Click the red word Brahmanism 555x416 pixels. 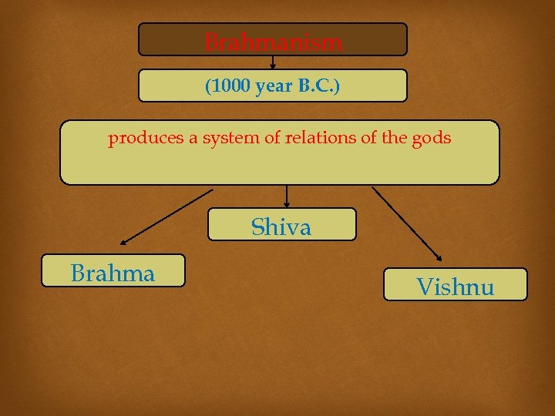(x=273, y=42)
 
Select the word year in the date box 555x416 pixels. (x=274, y=86)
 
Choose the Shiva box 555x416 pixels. (x=282, y=225)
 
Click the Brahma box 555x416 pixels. (x=113, y=271)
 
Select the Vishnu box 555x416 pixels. (x=456, y=284)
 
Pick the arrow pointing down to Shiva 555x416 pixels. (x=287, y=196)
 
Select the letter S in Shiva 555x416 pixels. (x=257, y=227)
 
